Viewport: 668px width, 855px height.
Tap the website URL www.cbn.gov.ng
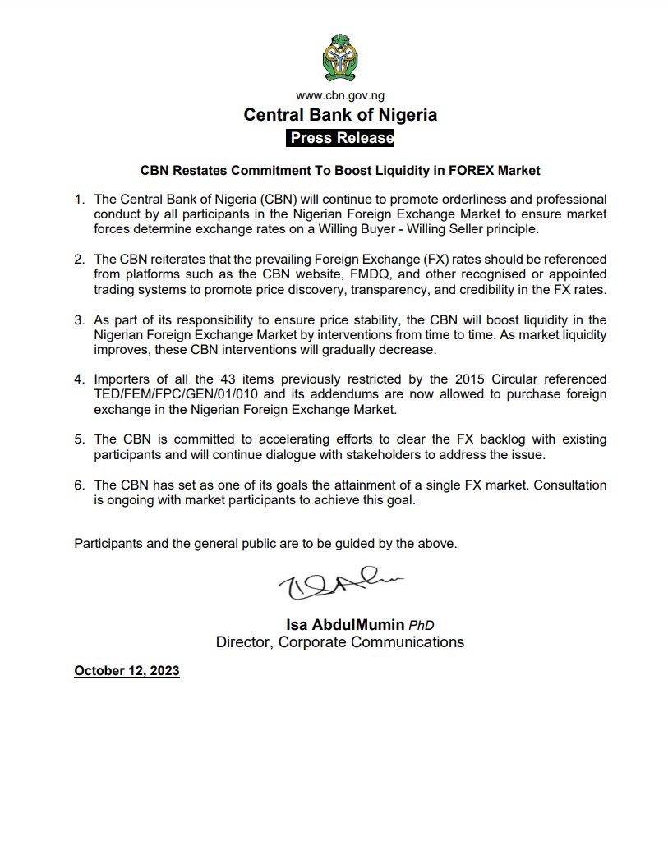340,96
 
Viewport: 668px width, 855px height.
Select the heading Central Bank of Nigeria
340,115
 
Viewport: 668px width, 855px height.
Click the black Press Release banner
340,138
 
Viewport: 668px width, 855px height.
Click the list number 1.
79,200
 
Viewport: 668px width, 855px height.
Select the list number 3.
79,319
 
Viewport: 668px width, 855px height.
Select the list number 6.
79,485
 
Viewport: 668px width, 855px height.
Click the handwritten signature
337,586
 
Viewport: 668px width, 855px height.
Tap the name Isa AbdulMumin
335,626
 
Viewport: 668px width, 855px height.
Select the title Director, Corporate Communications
339,641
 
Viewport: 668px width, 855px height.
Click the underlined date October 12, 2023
127,671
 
